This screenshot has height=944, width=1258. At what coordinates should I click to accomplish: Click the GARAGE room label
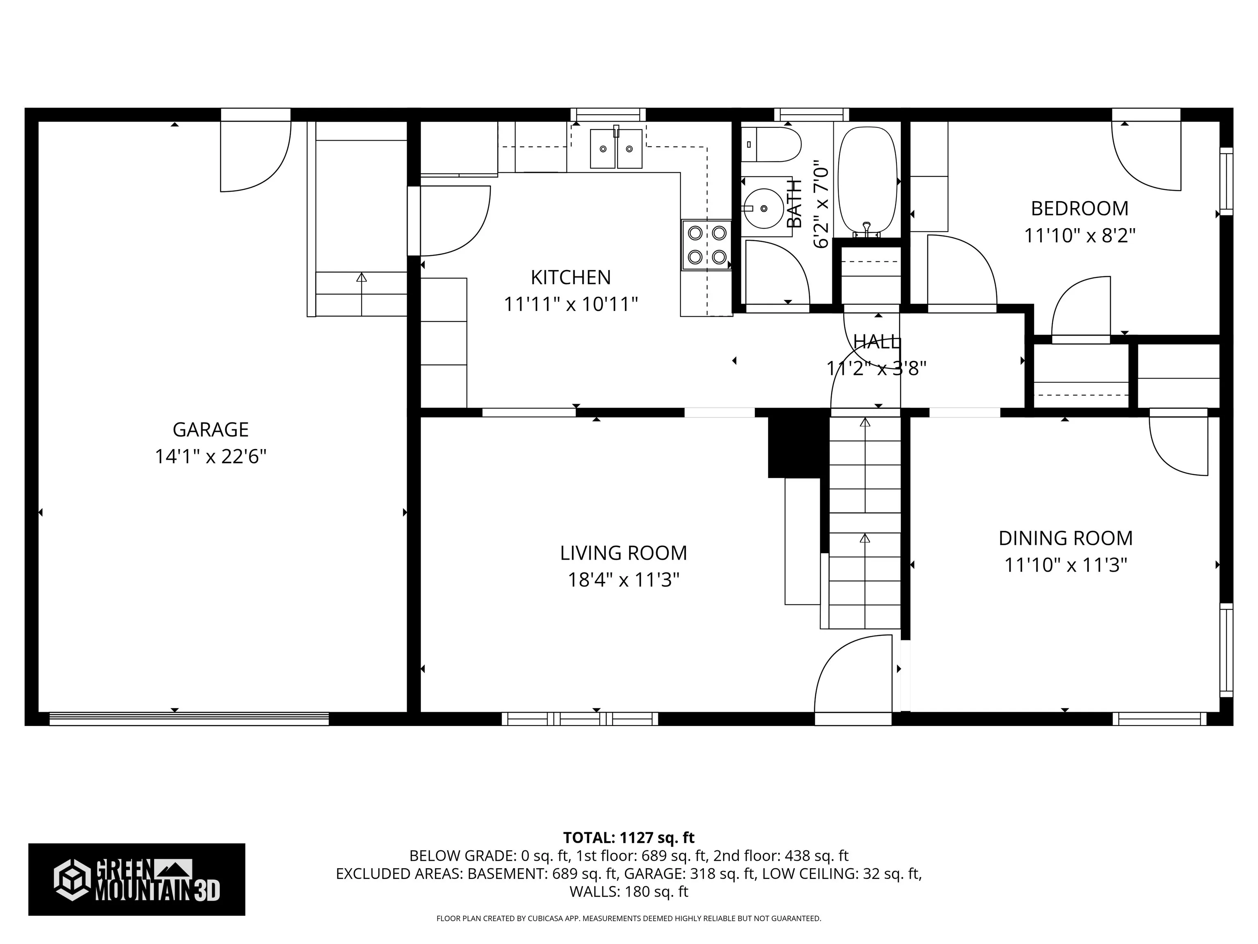click(210, 430)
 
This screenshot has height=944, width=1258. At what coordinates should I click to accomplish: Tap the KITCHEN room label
click(570, 278)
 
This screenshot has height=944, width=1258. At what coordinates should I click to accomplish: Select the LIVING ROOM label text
click(623, 553)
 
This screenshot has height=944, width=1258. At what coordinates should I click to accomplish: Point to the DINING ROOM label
click(1065, 538)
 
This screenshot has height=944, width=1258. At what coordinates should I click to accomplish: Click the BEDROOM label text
click(1079, 209)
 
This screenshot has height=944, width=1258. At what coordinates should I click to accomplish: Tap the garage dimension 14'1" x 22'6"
click(211, 456)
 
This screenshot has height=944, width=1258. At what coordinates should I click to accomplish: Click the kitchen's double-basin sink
click(616, 148)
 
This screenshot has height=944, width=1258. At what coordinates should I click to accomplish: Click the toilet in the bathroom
click(771, 145)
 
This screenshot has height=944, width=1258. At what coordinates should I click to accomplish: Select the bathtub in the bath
click(867, 181)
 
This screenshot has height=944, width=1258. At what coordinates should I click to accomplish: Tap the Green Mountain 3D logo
click(136, 879)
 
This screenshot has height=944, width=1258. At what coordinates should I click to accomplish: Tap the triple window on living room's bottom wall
click(579, 719)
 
